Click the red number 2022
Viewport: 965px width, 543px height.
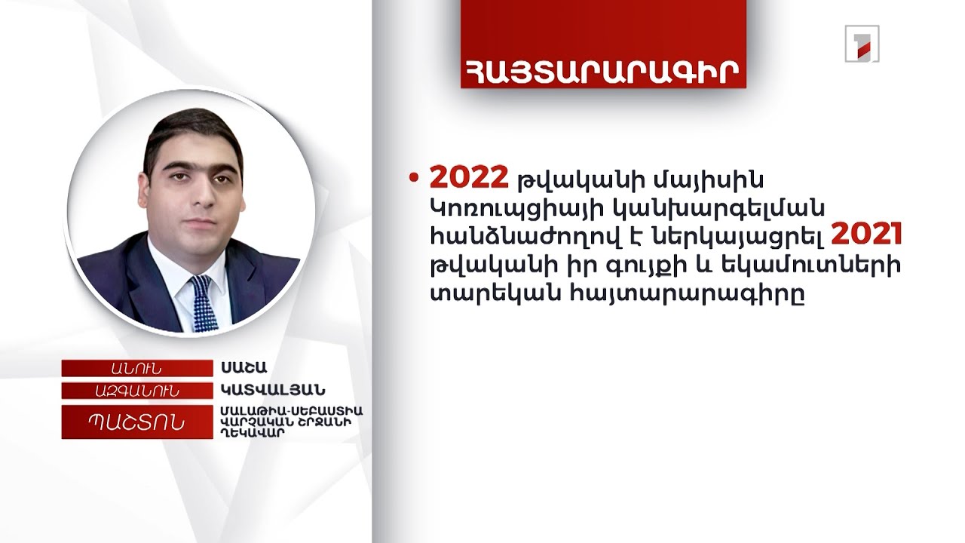point(468,178)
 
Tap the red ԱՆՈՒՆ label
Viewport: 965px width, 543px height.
point(136,368)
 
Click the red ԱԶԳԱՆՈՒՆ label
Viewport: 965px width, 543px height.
point(136,390)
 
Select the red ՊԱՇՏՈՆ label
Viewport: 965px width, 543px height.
point(136,422)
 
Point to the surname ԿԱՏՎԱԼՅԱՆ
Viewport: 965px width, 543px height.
point(273,390)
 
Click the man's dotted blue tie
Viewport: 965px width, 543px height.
point(203,302)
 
